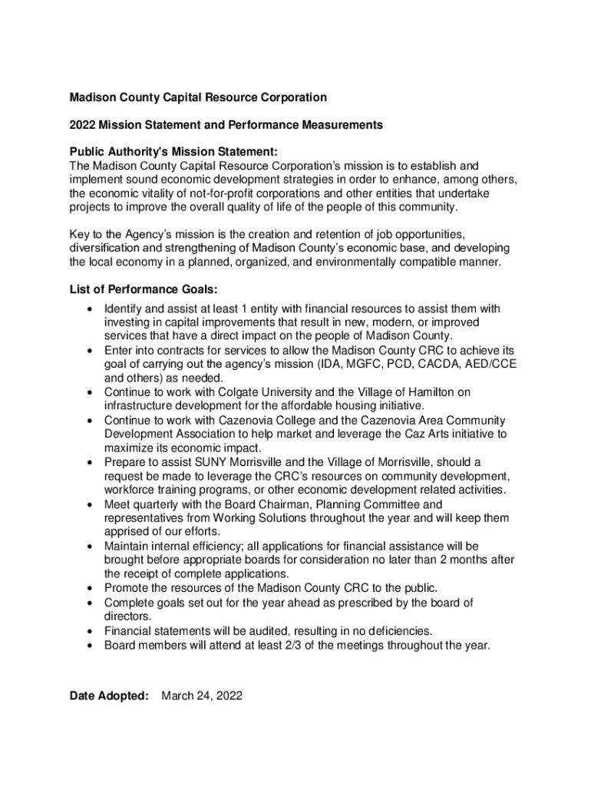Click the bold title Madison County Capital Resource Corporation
198,97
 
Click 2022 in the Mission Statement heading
83,124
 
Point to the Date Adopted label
108,695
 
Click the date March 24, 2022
202,695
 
